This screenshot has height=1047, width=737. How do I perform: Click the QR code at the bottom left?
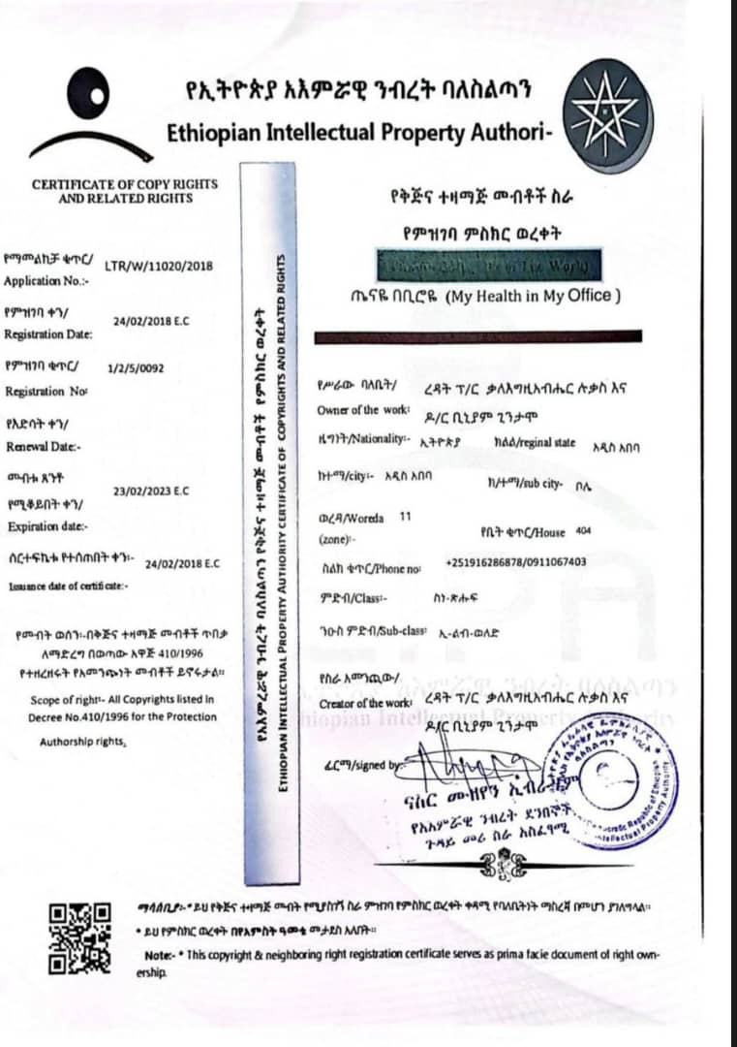pos(80,936)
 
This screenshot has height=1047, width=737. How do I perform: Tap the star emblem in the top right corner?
pos(607,115)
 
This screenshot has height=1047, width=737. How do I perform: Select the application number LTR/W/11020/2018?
pos(158,266)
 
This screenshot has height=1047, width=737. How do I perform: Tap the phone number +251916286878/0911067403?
pos(515,562)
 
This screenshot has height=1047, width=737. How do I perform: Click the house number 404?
pos(583,531)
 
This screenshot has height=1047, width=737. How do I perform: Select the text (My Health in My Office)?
pos(533,297)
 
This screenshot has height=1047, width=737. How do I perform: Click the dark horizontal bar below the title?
pos(478,336)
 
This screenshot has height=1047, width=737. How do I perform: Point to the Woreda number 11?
pos(405,518)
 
